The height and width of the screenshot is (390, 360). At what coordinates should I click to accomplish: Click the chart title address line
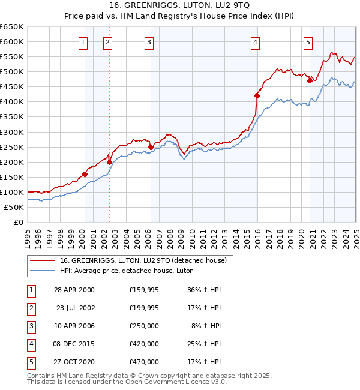point(179,4)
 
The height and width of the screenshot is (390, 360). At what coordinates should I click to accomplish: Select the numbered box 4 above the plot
point(255,42)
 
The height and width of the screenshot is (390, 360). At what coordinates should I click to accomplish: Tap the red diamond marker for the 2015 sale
point(257,95)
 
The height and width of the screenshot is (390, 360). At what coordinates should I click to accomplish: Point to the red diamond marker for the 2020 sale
point(310,80)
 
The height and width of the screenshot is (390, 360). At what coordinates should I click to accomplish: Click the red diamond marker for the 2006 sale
point(151,146)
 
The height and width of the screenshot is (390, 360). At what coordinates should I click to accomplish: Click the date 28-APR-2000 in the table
point(74,290)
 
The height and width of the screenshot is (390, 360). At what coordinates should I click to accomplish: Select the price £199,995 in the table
point(144,308)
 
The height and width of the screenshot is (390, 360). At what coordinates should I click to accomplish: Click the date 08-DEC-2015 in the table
point(74,344)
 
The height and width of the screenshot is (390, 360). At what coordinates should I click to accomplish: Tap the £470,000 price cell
point(144,362)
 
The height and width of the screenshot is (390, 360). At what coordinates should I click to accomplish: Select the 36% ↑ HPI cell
point(204,290)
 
